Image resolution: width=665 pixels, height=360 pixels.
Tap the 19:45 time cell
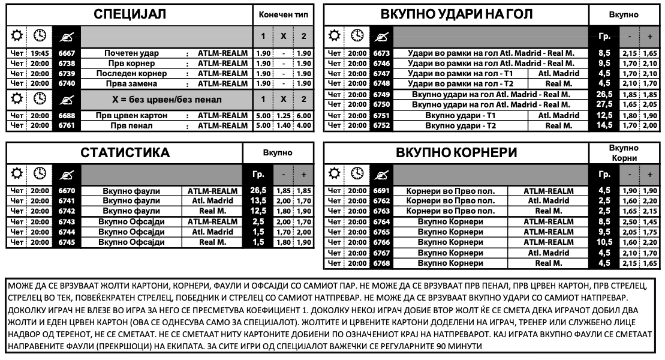(40, 53)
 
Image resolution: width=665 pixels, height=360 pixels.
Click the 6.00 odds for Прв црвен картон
(304, 115)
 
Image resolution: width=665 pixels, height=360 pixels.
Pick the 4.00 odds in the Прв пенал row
(304, 125)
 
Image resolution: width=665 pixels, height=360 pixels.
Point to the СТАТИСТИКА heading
(125, 153)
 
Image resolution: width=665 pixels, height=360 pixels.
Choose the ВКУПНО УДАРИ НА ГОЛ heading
(456, 14)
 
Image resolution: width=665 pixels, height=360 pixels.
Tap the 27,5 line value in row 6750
(604, 104)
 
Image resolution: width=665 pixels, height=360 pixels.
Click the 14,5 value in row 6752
(604, 125)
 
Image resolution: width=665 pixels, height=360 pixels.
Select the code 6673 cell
(381, 53)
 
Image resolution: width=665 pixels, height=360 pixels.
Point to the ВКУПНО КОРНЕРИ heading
(456, 153)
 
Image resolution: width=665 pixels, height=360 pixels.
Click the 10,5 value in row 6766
(604, 242)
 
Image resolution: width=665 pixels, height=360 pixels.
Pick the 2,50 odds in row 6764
(630, 221)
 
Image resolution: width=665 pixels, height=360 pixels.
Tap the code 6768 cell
(381, 263)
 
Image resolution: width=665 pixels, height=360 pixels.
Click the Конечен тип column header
(283, 14)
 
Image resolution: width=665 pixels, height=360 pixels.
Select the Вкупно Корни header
(623, 153)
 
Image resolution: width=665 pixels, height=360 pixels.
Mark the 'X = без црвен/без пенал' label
(166, 99)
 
